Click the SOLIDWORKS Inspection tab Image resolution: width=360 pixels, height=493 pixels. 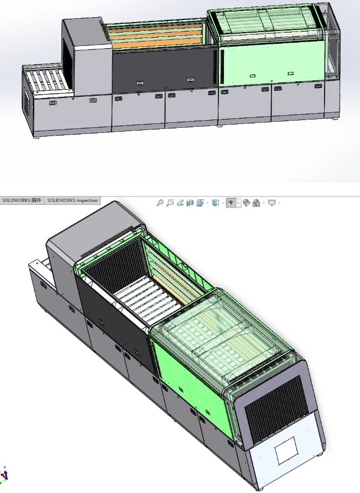tap(72, 200)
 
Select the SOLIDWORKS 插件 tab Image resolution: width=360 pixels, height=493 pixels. tap(22, 200)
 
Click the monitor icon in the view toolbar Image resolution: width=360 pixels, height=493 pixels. tap(272, 203)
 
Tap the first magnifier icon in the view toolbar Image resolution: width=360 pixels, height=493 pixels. tap(160, 203)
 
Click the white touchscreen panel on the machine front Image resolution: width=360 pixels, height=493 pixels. tap(287, 452)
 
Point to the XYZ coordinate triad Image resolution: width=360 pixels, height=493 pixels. tap(5, 474)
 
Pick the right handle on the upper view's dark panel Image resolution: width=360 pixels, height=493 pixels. tap(191, 81)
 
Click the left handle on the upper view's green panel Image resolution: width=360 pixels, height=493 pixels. tap(252, 75)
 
